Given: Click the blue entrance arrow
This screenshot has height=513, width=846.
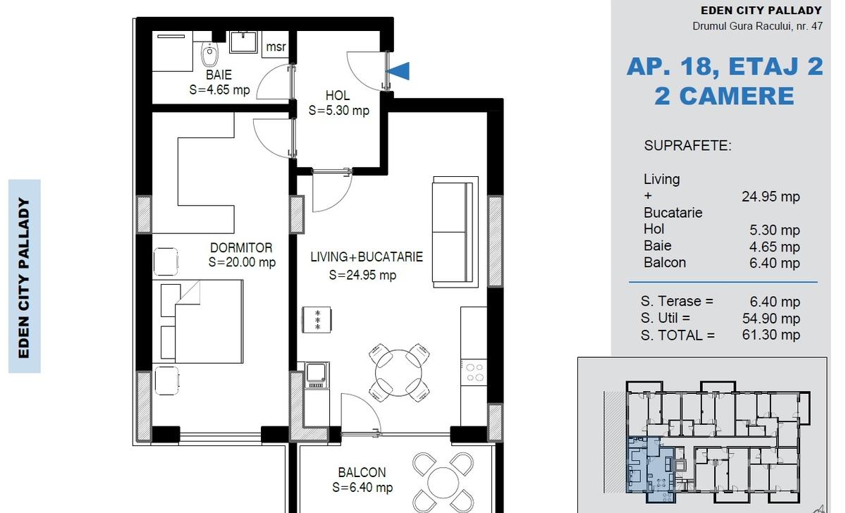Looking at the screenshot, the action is [398, 71].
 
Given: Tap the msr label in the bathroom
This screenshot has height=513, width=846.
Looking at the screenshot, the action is [276, 47].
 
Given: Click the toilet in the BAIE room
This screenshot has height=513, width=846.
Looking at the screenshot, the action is [209, 54].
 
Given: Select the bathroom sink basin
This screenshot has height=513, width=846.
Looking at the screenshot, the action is [244, 42].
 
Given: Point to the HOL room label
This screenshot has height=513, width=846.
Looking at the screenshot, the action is [338, 95].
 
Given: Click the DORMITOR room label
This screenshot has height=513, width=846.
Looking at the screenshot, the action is [241, 247].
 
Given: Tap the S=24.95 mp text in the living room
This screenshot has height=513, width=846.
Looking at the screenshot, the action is [362, 275].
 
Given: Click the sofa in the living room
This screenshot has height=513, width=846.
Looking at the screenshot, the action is [455, 232].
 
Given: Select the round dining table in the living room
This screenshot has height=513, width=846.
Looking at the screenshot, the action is [398, 373].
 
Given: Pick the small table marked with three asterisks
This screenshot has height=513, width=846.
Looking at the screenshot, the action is [317, 320].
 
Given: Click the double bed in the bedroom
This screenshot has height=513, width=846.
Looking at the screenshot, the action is [202, 321].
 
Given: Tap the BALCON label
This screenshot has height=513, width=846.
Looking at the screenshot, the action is [362, 472].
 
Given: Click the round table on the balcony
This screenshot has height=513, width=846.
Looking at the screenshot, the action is [443, 483].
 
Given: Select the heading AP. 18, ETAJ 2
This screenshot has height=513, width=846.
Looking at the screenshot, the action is [725, 66].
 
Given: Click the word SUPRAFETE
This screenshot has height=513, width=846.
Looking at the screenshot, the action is [688, 146].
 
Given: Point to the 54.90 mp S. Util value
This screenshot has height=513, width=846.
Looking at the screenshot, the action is [771, 319].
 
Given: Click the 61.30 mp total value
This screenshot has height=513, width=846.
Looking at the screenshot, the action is [771, 335].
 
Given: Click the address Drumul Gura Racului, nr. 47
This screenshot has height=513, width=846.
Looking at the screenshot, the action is [757, 26].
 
